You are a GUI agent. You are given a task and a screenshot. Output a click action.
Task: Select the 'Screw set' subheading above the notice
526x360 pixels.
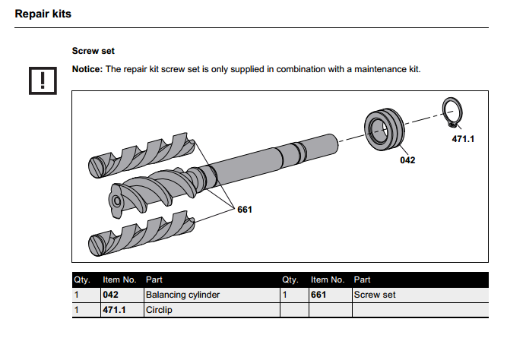(x=93, y=51)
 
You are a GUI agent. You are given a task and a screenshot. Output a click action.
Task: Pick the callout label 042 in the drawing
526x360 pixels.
(x=407, y=160)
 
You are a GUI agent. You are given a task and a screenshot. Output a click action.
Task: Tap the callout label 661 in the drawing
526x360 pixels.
(x=244, y=209)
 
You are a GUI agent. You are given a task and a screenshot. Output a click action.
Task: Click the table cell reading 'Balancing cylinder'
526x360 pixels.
(x=182, y=295)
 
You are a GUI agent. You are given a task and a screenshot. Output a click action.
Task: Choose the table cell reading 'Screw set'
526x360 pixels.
(x=375, y=295)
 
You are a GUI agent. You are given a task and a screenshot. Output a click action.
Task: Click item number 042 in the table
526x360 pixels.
(x=112, y=295)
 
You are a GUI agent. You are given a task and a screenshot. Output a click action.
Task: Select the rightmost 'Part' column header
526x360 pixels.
(x=363, y=279)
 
